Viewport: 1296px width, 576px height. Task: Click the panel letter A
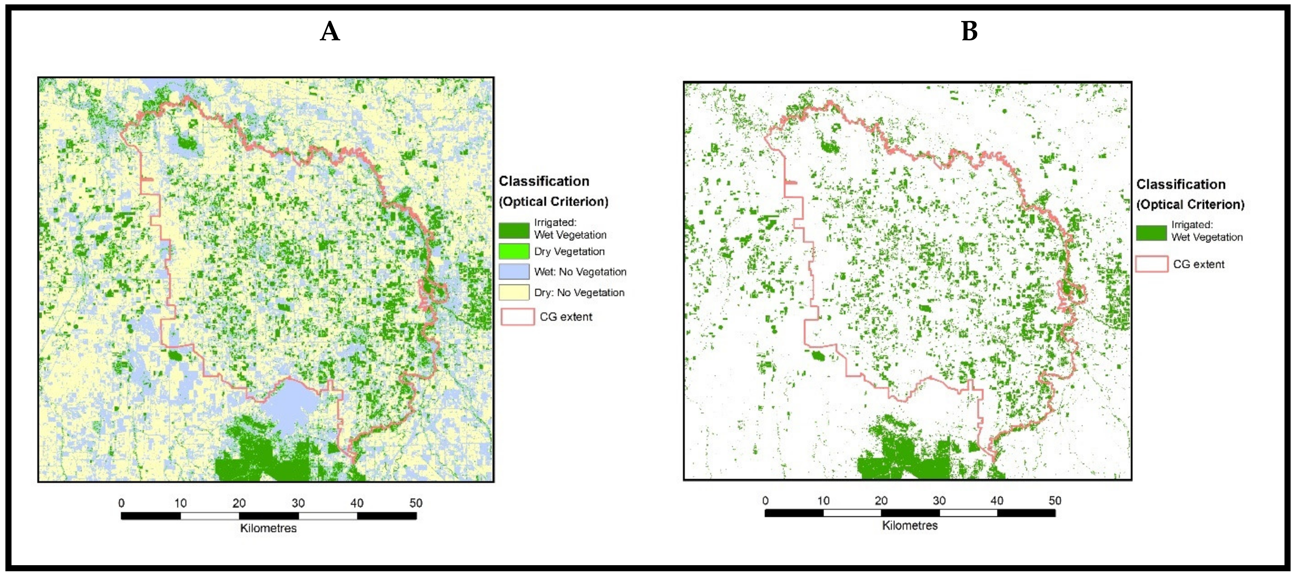[330, 32]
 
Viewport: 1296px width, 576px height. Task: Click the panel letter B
[969, 32]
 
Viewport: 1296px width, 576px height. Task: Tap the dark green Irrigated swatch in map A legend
[514, 230]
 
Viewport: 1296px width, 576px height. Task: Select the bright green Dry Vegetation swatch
[514, 251]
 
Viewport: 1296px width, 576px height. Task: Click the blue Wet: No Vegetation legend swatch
[514, 272]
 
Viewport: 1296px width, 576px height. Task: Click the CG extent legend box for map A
[517, 316]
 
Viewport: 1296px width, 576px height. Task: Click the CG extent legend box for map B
[1151, 264]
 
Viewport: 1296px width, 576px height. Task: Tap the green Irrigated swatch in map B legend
[1151, 233]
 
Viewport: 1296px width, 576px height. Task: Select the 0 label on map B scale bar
[765, 501]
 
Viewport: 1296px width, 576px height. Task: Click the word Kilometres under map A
[268, 528]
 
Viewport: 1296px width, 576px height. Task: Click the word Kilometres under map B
[910, 526]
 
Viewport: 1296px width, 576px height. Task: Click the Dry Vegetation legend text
[569, 251]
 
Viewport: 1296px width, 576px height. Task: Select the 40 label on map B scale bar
[997, 501]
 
